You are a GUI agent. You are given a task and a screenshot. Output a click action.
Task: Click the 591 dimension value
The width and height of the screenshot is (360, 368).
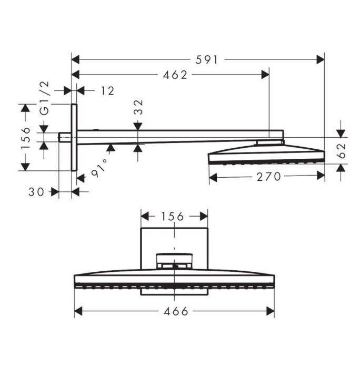coord(206,60)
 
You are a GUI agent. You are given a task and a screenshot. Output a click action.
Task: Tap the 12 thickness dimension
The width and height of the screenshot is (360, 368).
coord(107,91)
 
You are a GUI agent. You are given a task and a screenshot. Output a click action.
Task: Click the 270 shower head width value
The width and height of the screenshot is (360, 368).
coord(268,177)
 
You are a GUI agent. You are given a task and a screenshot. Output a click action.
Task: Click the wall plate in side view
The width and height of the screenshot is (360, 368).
coord(74,137)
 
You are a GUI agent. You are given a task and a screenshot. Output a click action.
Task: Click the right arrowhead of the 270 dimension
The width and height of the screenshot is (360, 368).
coord(321,177)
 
